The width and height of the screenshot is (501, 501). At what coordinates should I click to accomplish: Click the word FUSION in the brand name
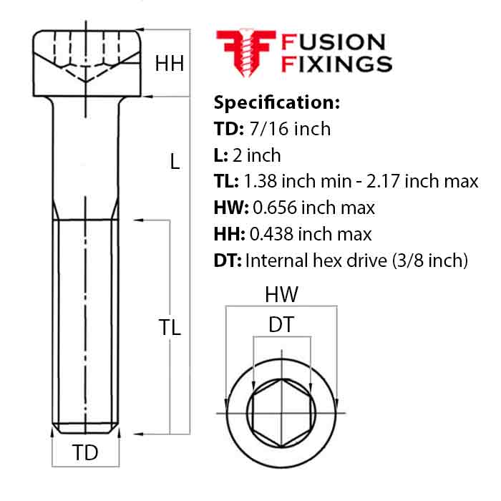pos(334,43)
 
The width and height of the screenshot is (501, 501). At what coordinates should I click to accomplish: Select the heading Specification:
pos(276,102)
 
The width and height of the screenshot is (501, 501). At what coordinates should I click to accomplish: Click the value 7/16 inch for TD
pos(291,129)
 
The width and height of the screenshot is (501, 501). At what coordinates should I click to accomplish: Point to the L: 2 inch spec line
pos(248,155)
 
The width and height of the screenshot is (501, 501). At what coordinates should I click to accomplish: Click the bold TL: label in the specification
pos(227,182)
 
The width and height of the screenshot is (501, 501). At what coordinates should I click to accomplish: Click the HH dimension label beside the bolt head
pos(170,64)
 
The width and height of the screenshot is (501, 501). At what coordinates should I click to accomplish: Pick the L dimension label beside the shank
pos(175,162)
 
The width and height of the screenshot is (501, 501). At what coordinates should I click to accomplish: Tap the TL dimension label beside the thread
pos(170,328)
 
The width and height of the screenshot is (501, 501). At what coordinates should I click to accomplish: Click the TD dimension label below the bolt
pos(86,452)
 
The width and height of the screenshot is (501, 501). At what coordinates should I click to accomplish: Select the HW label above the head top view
pos(281,294)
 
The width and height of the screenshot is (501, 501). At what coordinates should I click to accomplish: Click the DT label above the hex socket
pos(281,325)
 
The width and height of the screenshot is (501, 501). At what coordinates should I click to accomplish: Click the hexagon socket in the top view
pos(281,414)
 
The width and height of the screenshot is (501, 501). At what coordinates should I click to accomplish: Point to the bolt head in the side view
pos(85,62)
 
